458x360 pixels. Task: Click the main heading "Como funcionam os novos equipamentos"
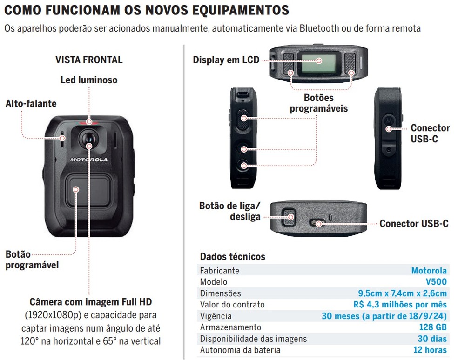pyautogui.click(x=146, y=10)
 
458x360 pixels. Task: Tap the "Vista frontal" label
pyautogui.click(x=89, y=60)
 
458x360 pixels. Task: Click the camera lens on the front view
pyautogui.click(x=88, y=137)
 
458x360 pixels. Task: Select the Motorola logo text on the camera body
pyautogui.click(x=88, y=160)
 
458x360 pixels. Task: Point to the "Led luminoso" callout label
pyautogui.click(x=89, y=80)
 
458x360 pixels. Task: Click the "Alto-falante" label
pyautogui.click(x=31, y=103)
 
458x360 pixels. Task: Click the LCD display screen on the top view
pyautogui.click(x=318, y=61)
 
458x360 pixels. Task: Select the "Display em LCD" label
pyautogui.click(x=226, y=60)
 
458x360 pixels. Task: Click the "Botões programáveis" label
pyautogui.click(x=319, y=103)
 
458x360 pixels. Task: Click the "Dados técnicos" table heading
pyautogui.click(x=232, y=256)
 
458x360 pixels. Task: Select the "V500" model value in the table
pyautogui.click(x=436, y=281)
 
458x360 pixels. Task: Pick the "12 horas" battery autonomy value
pyautogui.click(x=430, y=350)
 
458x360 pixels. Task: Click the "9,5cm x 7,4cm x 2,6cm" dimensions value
pyautogui.click(x=402, y=293)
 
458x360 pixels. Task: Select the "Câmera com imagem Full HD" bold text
pyautogui.click(x=91, y=302)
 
